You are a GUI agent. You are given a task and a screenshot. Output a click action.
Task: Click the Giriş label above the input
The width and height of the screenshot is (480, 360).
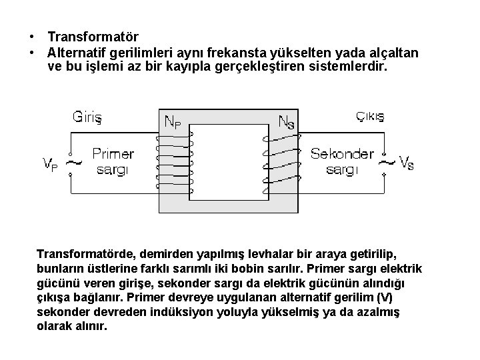click(x=87, y=117)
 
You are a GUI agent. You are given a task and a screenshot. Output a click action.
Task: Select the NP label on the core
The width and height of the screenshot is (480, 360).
click(x=176, y=122)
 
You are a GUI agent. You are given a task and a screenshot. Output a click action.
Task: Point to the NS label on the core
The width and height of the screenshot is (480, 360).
click(x=287, y=122)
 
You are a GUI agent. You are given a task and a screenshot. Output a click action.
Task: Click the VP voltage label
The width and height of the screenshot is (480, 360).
click(x=50, y=162)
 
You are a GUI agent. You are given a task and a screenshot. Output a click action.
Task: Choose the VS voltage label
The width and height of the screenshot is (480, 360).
click(x=406, y=162)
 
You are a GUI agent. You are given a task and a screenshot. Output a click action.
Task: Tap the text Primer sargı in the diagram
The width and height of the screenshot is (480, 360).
click(x=113, y=161)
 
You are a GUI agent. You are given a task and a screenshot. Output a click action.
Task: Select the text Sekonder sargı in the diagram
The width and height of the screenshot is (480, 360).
click(x=342, y=161)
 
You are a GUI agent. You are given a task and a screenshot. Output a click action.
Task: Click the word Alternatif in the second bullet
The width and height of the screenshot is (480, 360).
click(x=77, y=52)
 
